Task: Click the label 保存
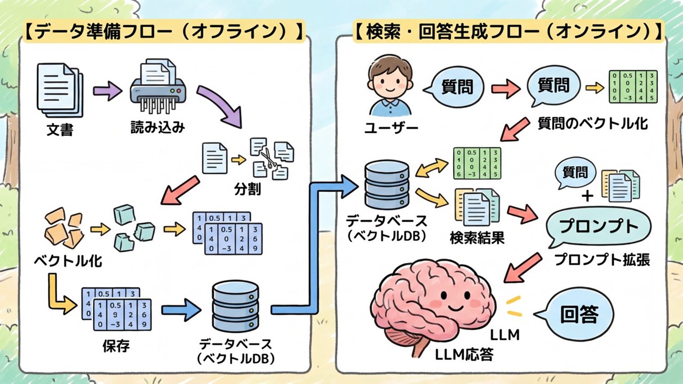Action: pos(116,346)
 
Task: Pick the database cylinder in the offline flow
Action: pos(235,306)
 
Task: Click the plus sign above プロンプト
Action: pos(587,197)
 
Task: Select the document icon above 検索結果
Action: pos(476,208)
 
